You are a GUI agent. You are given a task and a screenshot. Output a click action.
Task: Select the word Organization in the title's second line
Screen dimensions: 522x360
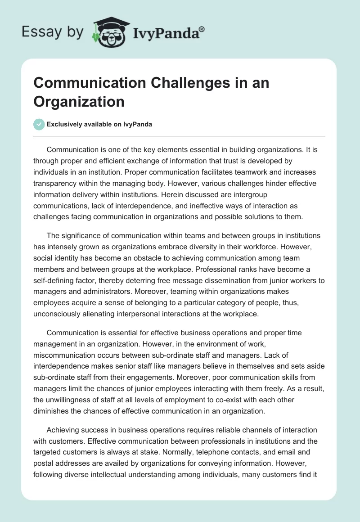79,101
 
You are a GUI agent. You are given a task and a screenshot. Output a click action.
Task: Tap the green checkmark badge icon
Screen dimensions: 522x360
39,124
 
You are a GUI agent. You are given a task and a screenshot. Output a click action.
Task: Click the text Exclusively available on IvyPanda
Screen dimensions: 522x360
99,125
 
